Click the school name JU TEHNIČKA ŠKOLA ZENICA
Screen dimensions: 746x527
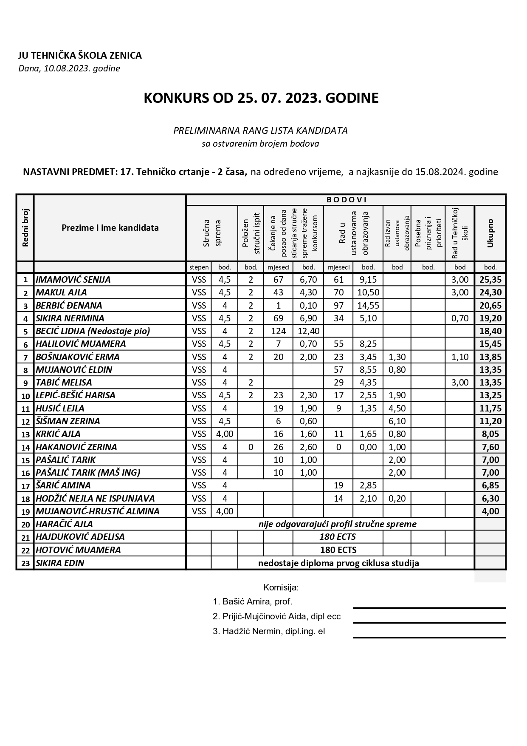(80, 55)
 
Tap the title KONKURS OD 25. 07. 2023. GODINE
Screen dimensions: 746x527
(261, 98)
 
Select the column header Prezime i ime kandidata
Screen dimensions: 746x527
(110, 228)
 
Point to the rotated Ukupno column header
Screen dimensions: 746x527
(490, 233)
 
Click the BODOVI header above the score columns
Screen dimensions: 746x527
(346, 200)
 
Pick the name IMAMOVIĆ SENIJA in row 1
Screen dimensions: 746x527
(73, 280)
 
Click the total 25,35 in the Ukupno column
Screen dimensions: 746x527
(490, 280)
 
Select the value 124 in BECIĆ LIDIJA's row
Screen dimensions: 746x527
(278, 331)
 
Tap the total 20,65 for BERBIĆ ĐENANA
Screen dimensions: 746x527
(490, 306)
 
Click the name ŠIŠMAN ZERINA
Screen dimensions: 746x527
(68, 421)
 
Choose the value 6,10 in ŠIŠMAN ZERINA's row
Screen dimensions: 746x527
(397, 421)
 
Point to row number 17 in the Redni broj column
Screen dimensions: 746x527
(25, 486)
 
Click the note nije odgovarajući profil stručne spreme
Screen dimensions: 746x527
(338, 524)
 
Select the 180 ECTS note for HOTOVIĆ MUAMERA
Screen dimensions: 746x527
(338, 550)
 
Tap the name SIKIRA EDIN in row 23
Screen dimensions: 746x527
(60, 563)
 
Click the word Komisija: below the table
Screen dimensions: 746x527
(281, 588)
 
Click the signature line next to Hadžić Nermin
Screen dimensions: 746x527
(429, 637)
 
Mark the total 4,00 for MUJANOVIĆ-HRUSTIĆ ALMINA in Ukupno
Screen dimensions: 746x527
(490, 511)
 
